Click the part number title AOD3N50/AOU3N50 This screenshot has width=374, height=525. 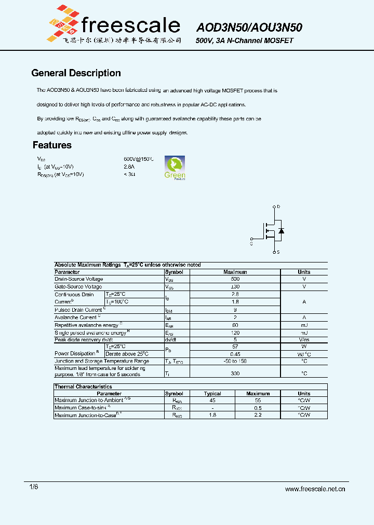[x=249, y=28]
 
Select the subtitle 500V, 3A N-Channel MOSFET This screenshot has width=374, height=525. [x=244, y=40]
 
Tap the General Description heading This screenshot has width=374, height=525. [x=76, y=73]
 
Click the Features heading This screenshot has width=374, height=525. [x=52, y=145]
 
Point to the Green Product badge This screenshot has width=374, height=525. [x=175, y=167]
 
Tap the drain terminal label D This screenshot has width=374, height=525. [x=278, y=207]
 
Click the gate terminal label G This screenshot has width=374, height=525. [x=251, y=242]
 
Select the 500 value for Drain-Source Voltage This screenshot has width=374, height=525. [x=235, y=279]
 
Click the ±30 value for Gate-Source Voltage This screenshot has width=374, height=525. [x=235, y=286]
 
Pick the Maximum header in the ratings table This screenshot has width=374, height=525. [x=235, y=272]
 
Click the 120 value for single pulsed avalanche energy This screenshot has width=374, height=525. [x=235, y=332]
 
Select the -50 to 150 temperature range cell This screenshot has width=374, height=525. [x=235, y=361]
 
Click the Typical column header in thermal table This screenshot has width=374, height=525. [x=212, y=394]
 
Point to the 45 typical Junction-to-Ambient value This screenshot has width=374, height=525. [x=212, y=400]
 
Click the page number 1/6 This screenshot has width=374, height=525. [x=34, y=487]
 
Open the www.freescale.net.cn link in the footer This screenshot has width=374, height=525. [x=315, y=489]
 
